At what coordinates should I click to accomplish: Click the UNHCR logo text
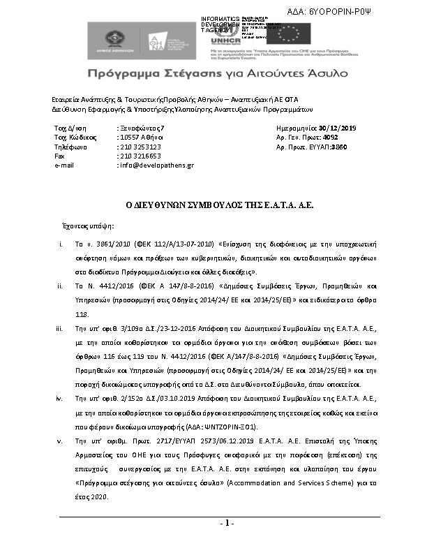[x=223, y=41]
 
